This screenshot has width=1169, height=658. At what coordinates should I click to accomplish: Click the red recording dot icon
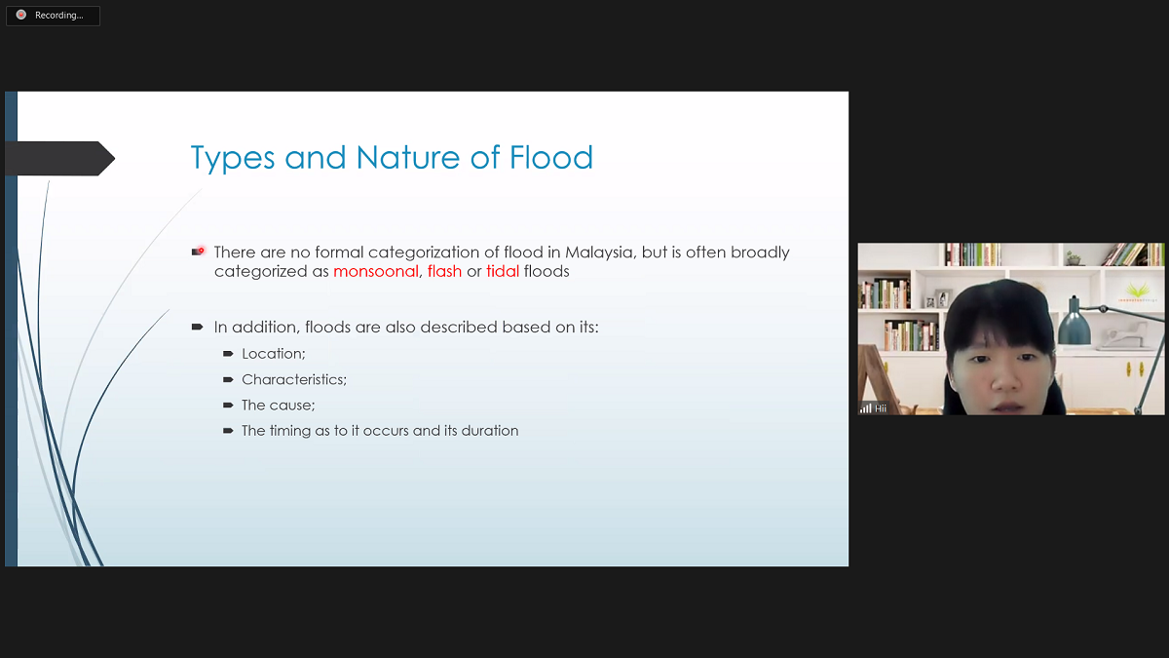(x=20, y=15)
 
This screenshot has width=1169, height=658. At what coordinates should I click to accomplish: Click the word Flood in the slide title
(x=551, y=157)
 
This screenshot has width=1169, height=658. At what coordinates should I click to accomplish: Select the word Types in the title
(x=233, y=158)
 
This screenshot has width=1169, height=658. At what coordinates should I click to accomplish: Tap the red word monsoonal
(x=376, y=271)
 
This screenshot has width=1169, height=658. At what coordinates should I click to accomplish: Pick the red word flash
(x=444, y=271)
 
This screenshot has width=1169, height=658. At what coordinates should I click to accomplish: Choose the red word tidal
(x=503, y=271)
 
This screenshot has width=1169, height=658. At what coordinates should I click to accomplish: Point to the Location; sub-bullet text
(x=274, y=354)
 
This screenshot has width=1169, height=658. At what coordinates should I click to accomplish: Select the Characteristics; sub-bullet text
(x=294, y=379)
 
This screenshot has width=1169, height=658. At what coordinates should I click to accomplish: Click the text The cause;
(x=279, y=405)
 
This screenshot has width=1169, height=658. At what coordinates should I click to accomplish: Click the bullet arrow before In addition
(x=197, y=327)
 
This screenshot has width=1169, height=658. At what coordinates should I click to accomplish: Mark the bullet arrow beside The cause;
(x=228, y=405)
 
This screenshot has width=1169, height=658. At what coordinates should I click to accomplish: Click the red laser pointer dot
(x=202, y=251)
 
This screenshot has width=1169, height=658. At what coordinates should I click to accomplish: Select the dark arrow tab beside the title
(x=59, y=158)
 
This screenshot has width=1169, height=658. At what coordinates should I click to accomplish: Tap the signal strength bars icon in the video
(x=866, y=407)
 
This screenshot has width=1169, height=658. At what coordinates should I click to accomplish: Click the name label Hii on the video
(x=881, y=408)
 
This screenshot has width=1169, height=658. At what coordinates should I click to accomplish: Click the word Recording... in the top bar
(x=59, y=16)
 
